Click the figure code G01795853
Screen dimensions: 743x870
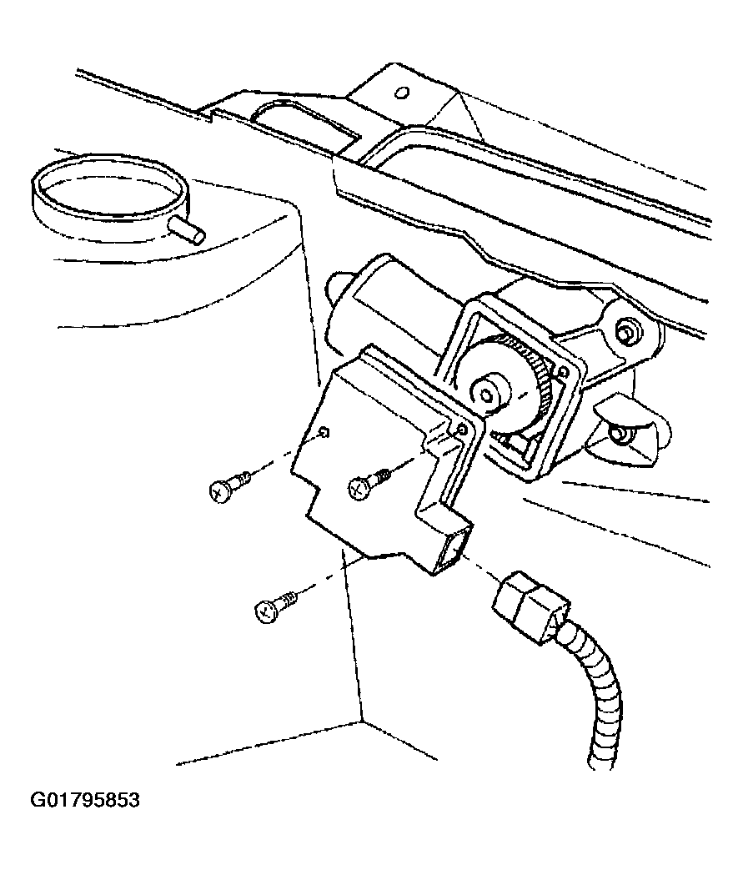[x=85, y=801]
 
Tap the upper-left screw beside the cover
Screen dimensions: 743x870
[x=229, y=484]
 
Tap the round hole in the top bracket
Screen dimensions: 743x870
[x=403, y=92]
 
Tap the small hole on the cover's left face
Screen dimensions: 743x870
[x=326, y=433]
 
